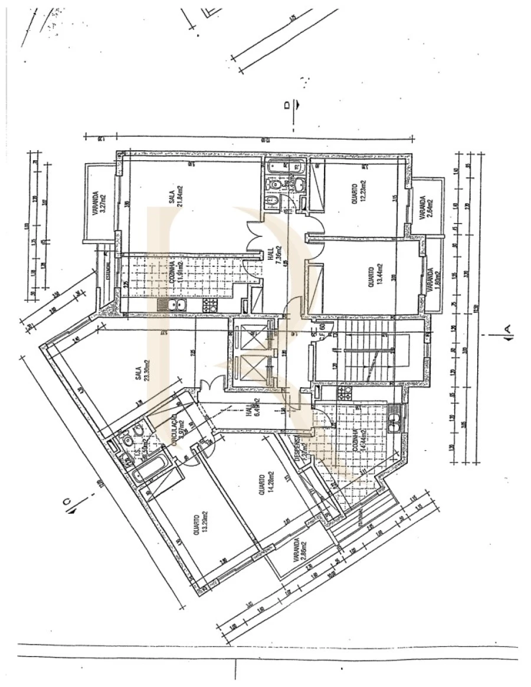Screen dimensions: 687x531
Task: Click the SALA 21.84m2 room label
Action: [175, 194]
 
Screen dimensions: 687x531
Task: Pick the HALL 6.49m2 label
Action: [253, 407]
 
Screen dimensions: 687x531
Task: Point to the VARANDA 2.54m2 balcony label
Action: [425, 208]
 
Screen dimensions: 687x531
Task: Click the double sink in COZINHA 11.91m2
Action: [172, 305]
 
